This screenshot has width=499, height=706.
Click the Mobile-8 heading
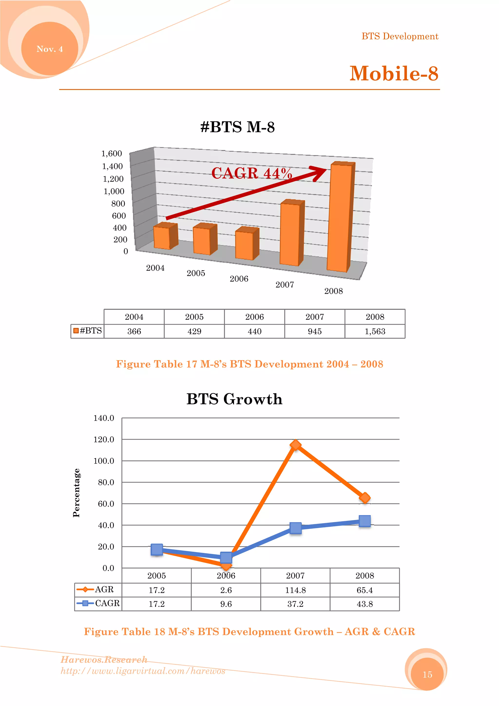(393, 74)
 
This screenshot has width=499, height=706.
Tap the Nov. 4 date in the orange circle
(49, 49)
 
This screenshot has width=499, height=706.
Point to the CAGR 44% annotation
(251, 173)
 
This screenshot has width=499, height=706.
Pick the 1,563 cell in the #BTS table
(374, 331)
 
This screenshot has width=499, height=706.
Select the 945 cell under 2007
(315, 331)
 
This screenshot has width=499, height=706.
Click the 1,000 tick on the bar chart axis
(114, 191)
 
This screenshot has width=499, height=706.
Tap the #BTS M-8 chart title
(237, 127)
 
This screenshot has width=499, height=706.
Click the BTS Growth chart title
(234, 399)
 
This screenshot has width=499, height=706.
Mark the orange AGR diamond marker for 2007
(296, 445)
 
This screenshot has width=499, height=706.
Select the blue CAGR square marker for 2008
(365, 521)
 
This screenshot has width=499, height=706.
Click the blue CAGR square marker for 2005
(157, 549)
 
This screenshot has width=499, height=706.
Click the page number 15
(427, 674)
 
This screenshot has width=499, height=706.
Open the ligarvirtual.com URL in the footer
(143, 671)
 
